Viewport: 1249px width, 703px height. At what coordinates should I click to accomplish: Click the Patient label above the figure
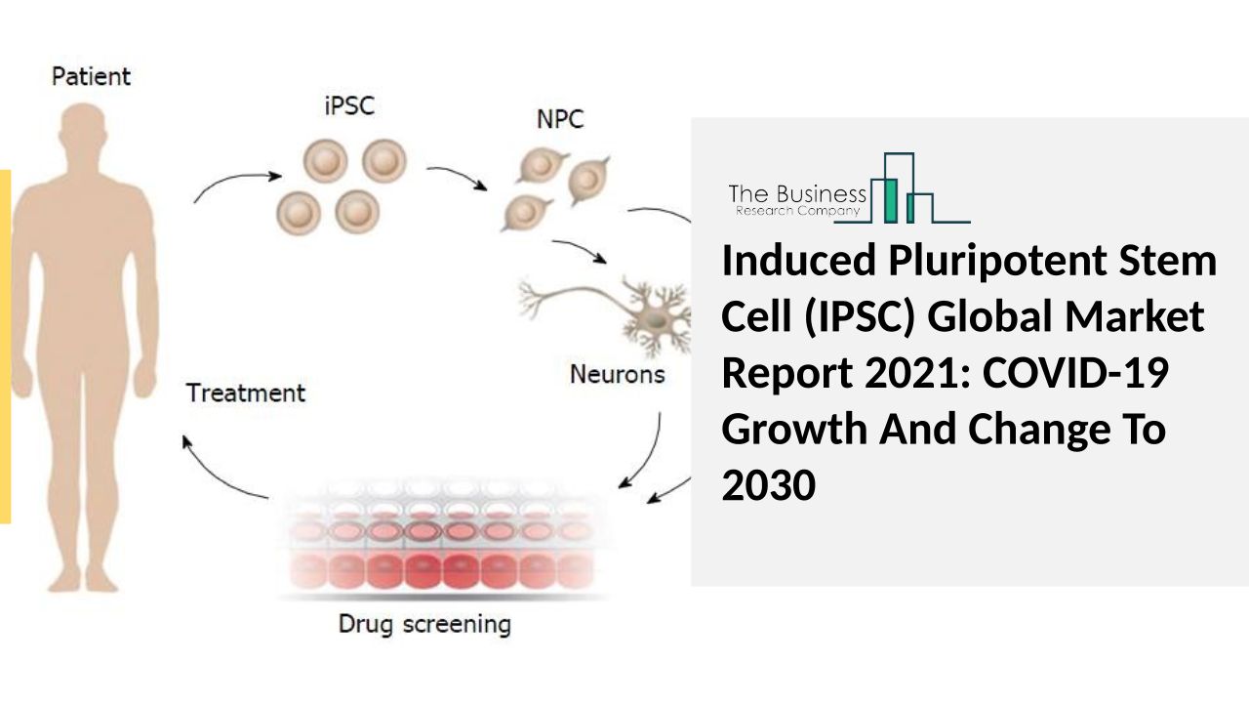pyautogui.click(x=91, y=75)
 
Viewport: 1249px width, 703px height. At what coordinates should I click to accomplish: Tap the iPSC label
pyautogui.click(x=348, y=105)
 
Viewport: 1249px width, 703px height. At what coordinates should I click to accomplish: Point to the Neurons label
pyautogui.click(x=618, y=374)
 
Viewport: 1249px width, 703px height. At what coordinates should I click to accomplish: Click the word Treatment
pyautogui.click(x=246, y=393)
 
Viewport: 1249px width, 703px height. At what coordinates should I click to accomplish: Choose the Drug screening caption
pyautogui.click(x=424, y=623)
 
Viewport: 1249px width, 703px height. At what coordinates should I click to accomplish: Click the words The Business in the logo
pyautogui.click(x=797, y=193)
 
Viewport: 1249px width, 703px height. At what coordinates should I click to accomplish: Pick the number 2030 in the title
pyautogui.click(x=769, y=485)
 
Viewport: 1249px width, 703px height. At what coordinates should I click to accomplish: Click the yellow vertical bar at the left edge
pyautogui.click(x=5, y=347)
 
